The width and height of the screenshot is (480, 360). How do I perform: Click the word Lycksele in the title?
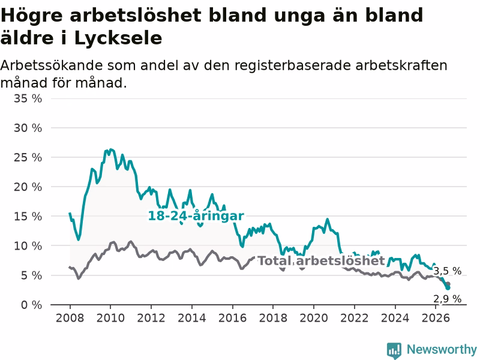(118, 38)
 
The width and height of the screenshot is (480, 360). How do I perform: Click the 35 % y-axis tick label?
(28, 98)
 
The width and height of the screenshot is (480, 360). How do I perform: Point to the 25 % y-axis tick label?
(28, 158)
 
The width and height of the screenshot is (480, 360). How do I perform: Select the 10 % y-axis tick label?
(28, 246)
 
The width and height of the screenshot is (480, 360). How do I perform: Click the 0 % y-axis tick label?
(32, 305)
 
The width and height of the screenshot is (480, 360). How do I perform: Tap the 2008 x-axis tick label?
(70, 318)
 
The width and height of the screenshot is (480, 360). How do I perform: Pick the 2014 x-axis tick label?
(191, 318)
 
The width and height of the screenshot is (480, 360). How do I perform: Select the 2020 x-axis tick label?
(314, 318)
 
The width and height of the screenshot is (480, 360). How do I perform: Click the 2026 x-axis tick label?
(436, 318)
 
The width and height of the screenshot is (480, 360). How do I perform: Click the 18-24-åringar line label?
(196, 216)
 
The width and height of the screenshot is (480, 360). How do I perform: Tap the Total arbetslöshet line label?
(321, 261)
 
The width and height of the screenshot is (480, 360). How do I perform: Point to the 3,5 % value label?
(447, 271)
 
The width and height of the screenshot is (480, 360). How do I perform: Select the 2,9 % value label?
(447, 299)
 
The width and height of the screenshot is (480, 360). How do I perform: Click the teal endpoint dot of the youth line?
(448, 288)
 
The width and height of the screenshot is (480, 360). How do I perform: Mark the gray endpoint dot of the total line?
(448, 284)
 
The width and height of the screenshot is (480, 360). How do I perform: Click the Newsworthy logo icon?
(394, 350)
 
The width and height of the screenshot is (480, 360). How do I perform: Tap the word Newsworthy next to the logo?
(442, 349)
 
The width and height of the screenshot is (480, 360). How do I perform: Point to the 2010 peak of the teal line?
(110, 149)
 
